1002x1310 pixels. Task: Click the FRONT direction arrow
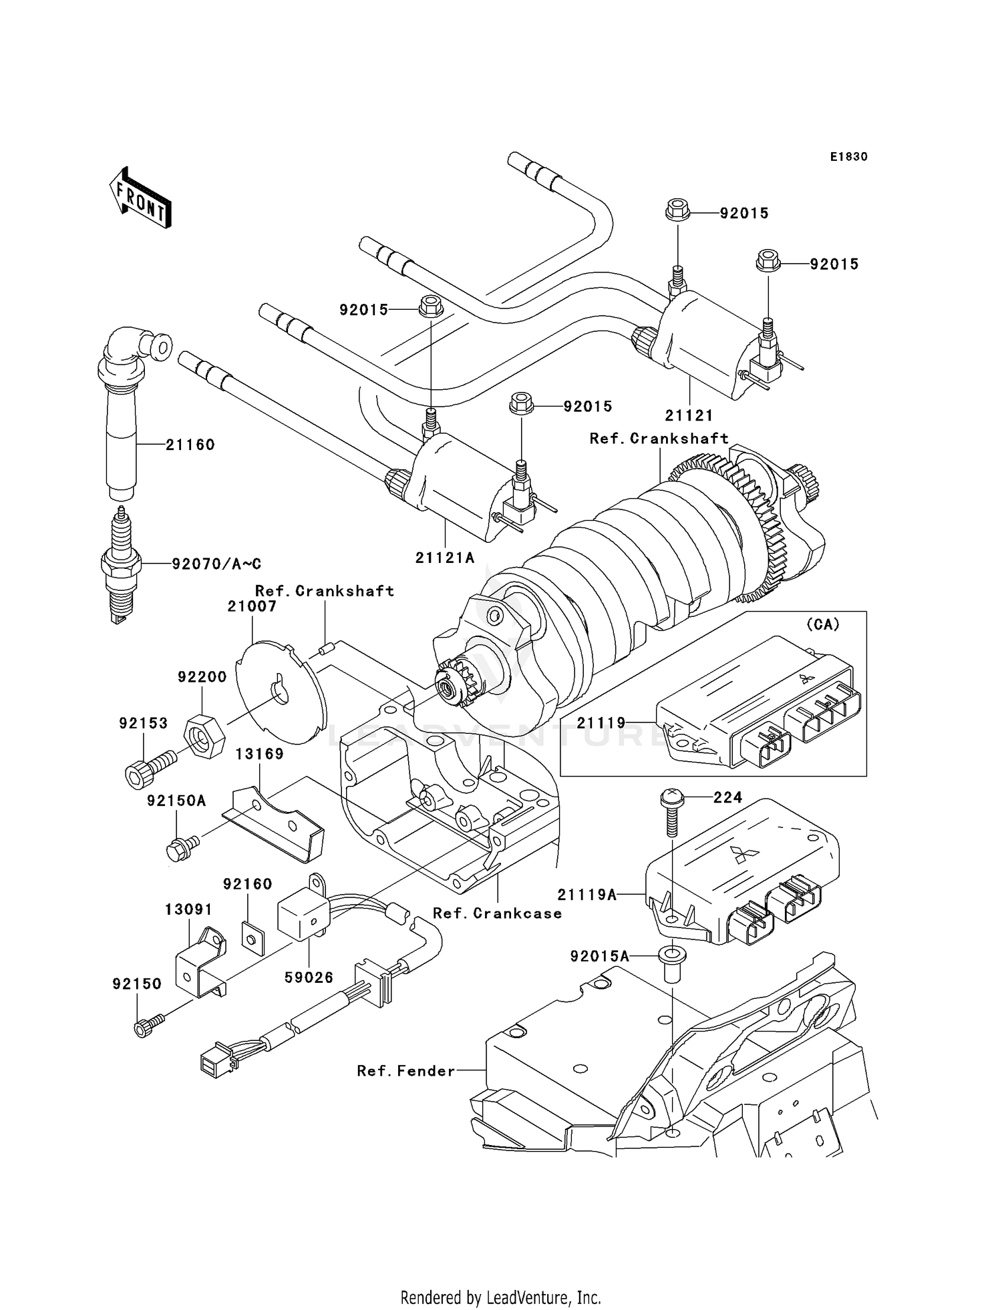[x=140, y=198]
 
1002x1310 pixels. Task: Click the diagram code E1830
[x=848, y=157]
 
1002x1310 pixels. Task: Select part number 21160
[x=190, y=445]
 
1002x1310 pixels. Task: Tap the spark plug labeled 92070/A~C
[x=121, y=564]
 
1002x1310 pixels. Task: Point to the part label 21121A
[x=444, y=558]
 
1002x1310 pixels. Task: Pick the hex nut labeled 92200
[x=204, y=734]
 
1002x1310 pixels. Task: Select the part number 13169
[x=259, y=754]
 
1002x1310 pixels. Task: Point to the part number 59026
[x=309, y=977]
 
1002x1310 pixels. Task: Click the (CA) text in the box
[x=822, y=625]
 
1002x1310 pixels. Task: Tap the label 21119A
[x=587, y=895]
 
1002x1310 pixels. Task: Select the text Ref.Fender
[x=405, y=1071]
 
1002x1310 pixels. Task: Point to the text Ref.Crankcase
[x=497, y=913]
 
